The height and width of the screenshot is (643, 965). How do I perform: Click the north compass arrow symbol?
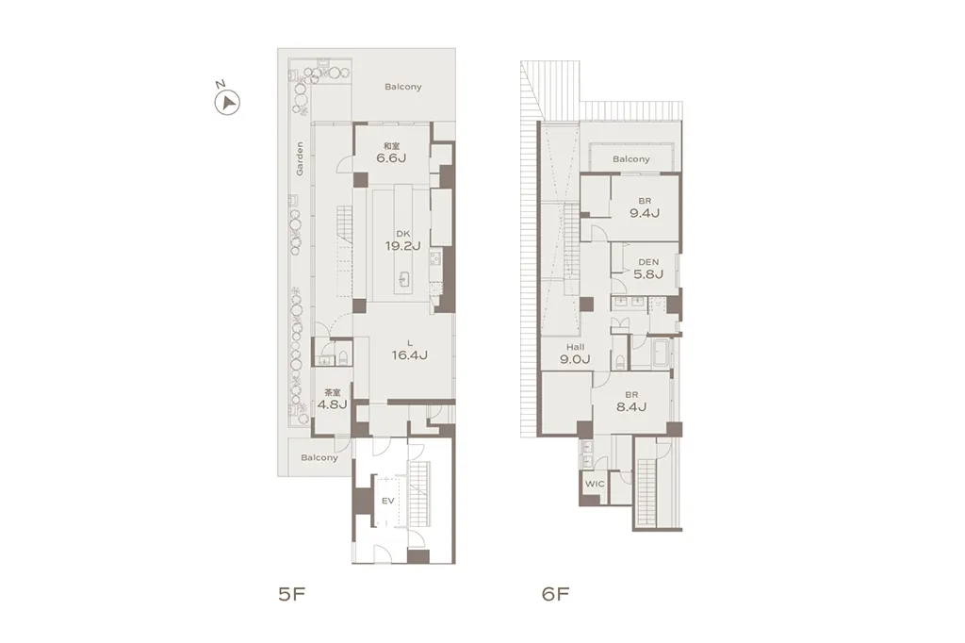pos(227,102)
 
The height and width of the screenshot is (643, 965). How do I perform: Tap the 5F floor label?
pos(292,594)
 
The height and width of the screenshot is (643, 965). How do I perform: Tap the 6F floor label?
pos(555,594)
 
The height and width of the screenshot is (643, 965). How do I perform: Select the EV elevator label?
pos(387,501)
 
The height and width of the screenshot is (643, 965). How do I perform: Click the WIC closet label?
pos(595,484)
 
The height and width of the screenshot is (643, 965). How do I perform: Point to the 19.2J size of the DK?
pos(402,246)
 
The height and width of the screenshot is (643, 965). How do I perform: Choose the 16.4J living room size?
pos(409,355)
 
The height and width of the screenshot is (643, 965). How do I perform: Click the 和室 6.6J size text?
pos(391,158)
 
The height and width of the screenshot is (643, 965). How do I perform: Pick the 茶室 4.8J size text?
pos(333,404)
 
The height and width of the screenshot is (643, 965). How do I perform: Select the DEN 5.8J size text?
pos(648,274)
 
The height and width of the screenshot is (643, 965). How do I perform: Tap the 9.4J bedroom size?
pos(645,213)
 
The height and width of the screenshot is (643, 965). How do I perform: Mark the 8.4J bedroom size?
pos(631,406)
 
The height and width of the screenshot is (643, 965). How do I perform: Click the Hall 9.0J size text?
pos(576,359)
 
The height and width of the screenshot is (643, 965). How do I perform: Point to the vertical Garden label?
pos(300,159)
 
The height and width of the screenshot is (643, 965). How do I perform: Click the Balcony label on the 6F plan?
pos(630,159)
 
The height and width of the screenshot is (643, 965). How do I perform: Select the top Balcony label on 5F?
pos(403,87)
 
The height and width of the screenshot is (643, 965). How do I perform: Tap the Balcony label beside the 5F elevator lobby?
pos(319,457)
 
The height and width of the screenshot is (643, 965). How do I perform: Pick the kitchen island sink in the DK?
pos(404,279)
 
